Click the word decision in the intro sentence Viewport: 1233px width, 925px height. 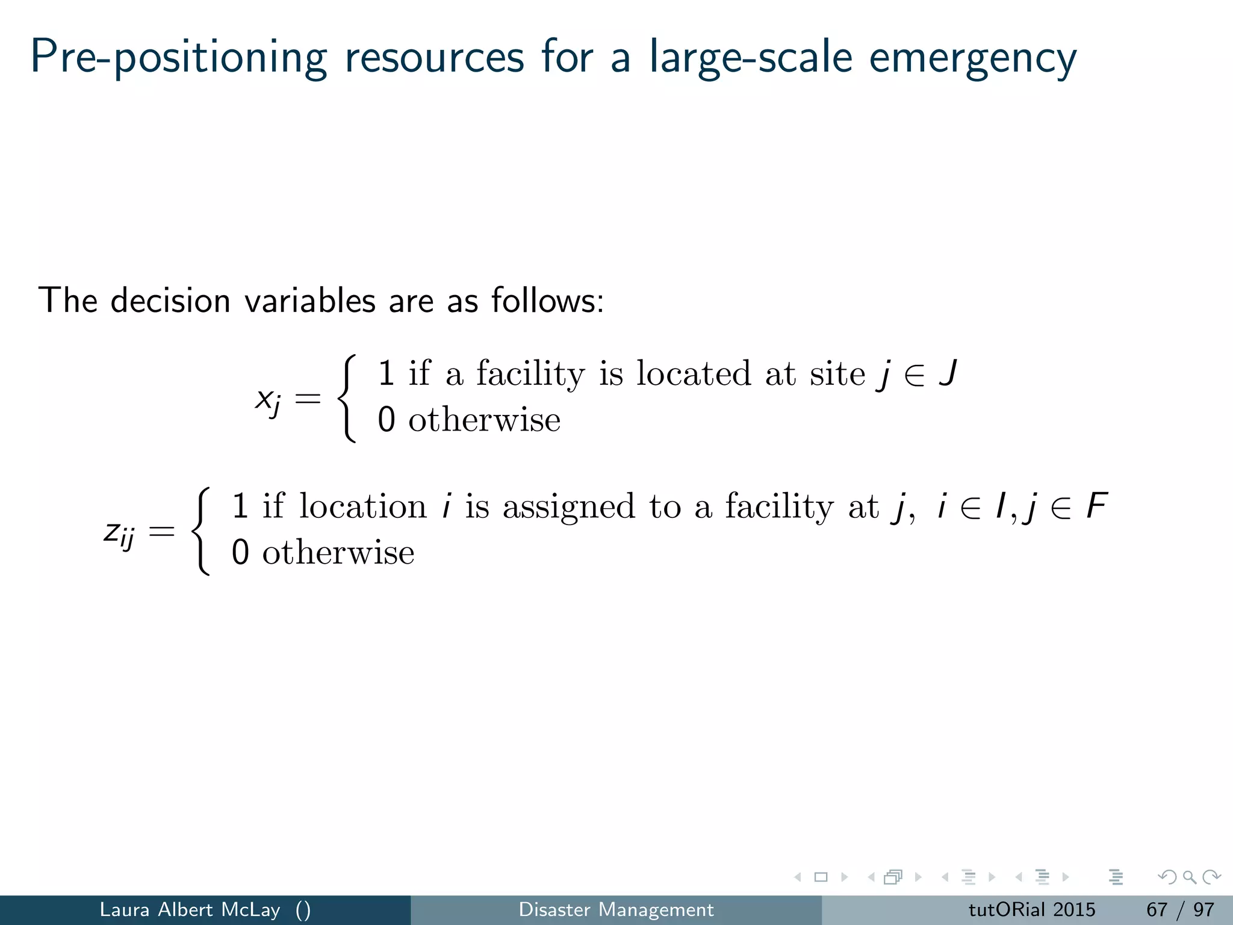(170, 300)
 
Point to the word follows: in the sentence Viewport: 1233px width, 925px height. (547, 300)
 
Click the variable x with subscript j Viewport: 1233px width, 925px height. (267, 399)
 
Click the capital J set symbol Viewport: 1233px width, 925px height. (948, 373)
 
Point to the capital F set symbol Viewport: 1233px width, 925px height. (1096, 506)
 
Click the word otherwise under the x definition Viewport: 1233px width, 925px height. (484, 420)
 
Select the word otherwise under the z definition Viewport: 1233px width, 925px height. (338, 553)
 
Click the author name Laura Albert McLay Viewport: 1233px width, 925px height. (190, 909)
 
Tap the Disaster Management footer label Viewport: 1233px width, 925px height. (616, 909)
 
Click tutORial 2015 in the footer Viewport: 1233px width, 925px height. (1032, 909)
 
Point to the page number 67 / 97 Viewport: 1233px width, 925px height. (1180, 909)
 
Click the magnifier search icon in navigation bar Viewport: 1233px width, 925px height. (1189, 877)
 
